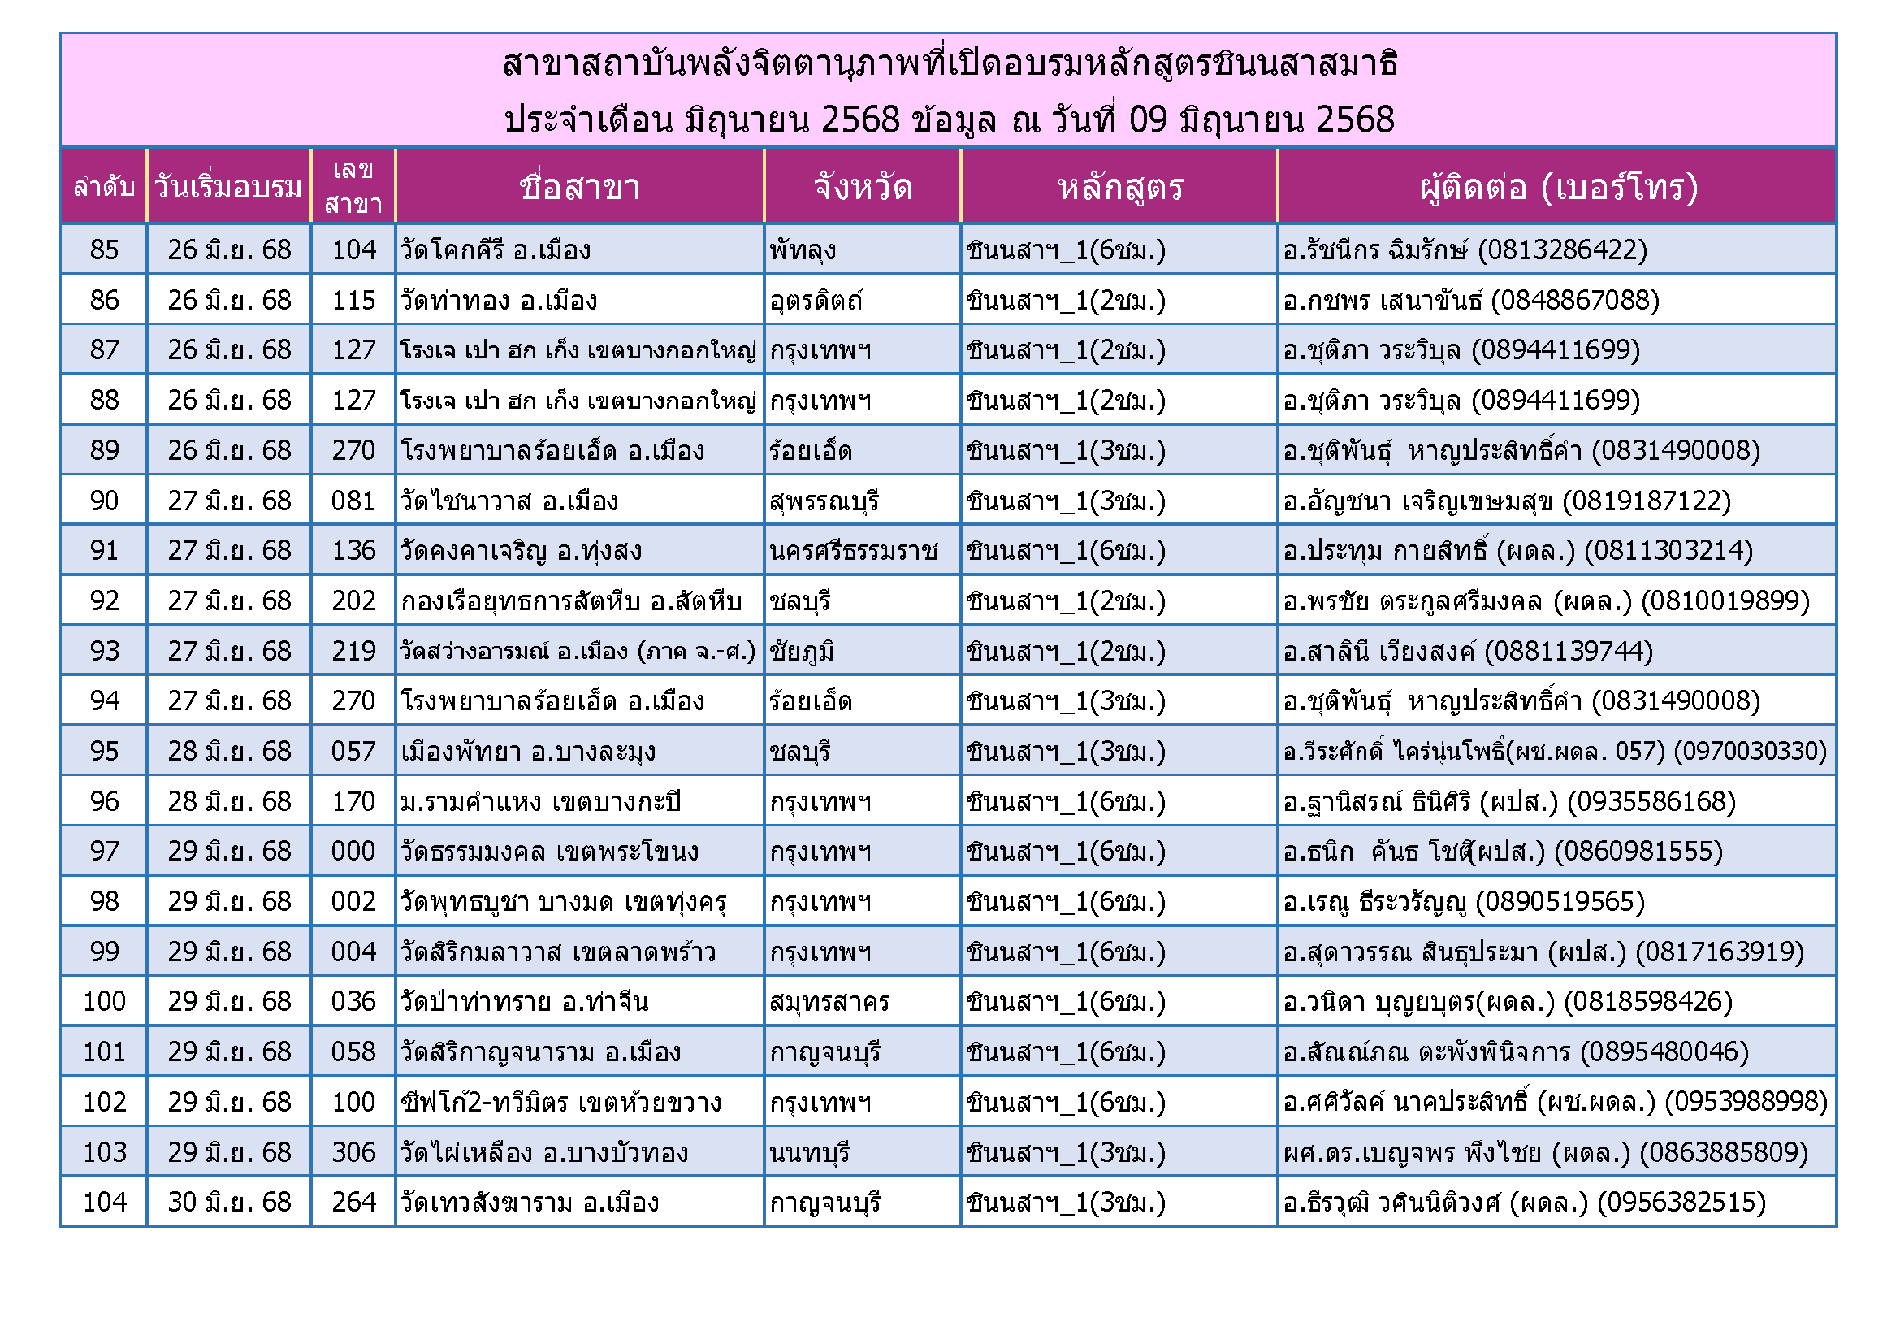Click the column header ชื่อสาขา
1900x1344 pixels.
(x=579, y=187)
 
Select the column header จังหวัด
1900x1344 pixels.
(x=863, y=187)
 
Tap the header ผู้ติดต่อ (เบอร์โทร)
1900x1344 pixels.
(x=1557, y=187)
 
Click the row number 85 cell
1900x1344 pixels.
(x=104, y=250)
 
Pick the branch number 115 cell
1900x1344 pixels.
(x=353, y=301)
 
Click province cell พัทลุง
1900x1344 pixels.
(x=803, y=250)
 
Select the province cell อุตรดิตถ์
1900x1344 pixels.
(x=816, y=301)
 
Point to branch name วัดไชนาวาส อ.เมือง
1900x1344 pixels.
(x=510, y=501)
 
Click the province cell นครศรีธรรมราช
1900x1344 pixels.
(x=853, y=551)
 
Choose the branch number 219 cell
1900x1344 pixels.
(x=353, y=652)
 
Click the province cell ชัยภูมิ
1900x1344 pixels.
(x=801, y=652)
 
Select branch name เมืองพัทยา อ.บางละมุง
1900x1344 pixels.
(x=528, y=752)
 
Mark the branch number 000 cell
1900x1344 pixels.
(x=353, y=852)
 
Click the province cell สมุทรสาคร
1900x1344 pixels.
(x=829, y=1002)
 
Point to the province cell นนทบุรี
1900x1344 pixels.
(x=809, y=1153)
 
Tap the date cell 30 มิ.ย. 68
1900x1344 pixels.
(x=229, y=1203)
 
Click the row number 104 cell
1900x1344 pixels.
(x=104, y=1203)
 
